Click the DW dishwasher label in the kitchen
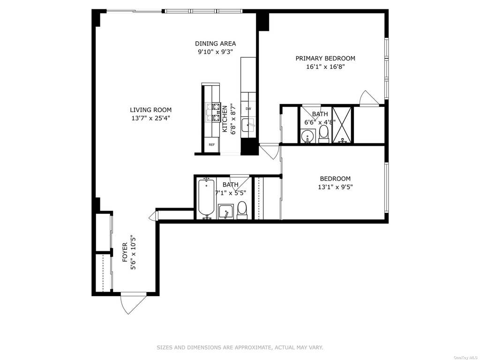click(248, 109)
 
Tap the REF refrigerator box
click(212, 144)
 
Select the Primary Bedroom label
click(325, 58)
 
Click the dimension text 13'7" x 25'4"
click(150, 118)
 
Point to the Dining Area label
click(216, 44)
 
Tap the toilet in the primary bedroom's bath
click(323, 134)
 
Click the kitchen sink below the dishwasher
click(248, 125)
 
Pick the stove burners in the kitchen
click(213, 112)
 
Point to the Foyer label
click(125, 252)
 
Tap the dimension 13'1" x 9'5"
click(335, 187)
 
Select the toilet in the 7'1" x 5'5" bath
click(242, 210)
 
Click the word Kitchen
click(225, 119)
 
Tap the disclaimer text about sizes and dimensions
click(240, 347)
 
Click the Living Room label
click(150, 110)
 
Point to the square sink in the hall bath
click(226, 211)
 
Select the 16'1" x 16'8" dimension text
click(325, 67)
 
